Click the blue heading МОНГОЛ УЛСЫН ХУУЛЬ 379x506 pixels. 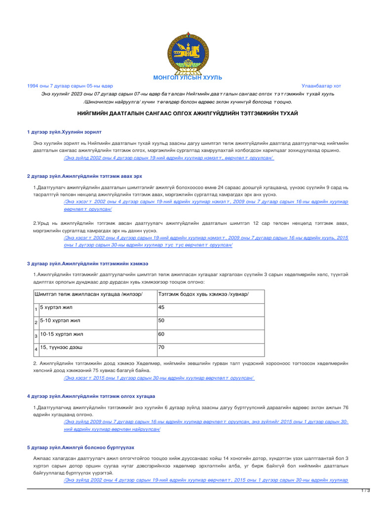188,78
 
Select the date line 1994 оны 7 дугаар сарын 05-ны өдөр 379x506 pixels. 70,86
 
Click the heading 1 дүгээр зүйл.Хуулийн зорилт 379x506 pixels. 64,132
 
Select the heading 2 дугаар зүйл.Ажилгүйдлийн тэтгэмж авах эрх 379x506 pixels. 85,176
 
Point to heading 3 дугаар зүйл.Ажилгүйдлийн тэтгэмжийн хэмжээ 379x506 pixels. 87,263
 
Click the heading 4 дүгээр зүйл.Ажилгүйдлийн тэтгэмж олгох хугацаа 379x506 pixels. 91,397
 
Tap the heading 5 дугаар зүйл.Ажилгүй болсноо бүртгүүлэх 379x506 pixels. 80,447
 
